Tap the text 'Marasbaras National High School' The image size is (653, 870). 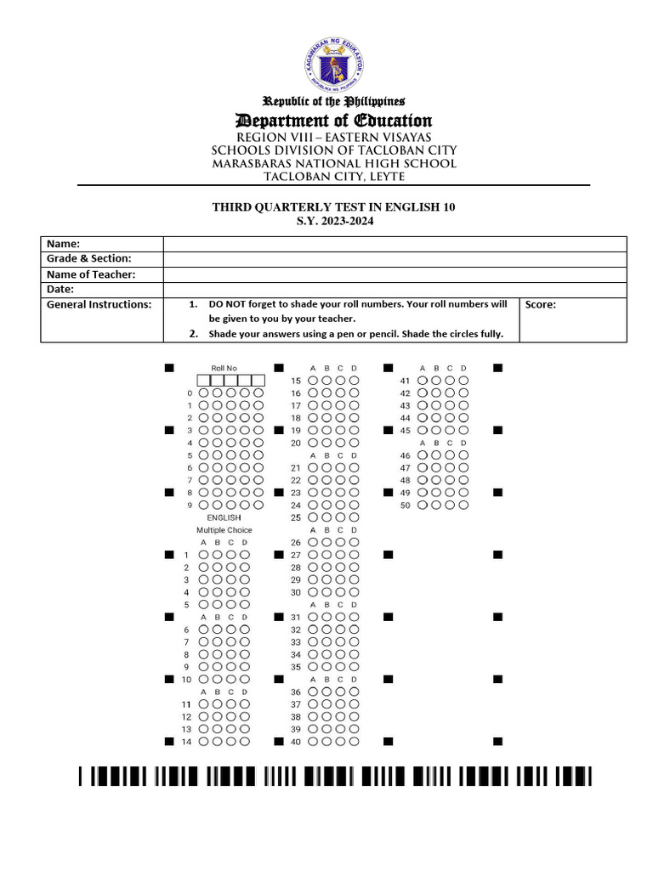(333, 163)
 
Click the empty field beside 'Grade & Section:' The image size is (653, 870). (395, 259)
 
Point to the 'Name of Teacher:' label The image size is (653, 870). (91, 274)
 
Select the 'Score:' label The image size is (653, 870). (541, 305)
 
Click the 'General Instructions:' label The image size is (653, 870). (99, 304)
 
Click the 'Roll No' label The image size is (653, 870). (224, 368)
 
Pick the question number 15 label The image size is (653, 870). (296, 381)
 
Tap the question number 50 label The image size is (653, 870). (405, 506)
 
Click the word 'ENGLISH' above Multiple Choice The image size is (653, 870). (224, 517)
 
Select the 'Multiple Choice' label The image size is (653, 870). (224, 530)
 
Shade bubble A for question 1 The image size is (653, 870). (204, 555)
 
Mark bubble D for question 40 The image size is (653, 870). (354, 742)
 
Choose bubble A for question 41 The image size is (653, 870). (422, 381)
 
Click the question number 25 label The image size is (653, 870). (296, 517)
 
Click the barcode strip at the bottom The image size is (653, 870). (333, 776)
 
